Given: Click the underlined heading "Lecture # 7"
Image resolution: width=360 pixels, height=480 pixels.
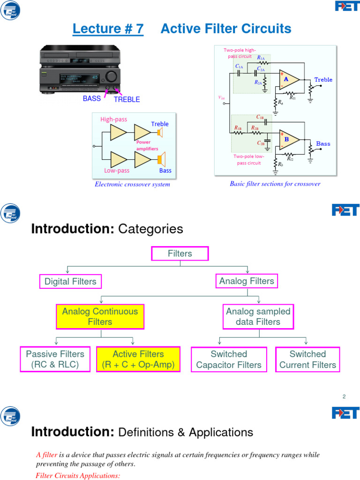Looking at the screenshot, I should (108, 29).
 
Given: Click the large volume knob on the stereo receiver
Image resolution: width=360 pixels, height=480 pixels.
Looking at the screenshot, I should (112, 77).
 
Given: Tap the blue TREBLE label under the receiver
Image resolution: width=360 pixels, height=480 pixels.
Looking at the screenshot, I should (127, 99).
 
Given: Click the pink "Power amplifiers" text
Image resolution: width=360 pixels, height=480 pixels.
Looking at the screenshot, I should (147, 145).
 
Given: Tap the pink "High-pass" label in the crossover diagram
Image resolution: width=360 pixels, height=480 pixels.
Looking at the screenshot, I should (113, 120).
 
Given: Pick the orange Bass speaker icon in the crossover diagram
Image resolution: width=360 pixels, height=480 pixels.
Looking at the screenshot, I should (161, 160).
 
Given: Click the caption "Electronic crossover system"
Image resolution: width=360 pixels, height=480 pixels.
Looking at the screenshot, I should (132, 184).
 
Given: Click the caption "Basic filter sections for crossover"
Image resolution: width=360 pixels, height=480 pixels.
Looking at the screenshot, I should (275, 184).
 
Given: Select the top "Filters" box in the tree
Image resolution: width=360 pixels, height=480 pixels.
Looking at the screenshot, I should (180, 254).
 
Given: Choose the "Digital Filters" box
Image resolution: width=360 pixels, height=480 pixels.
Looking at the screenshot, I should (70, 281).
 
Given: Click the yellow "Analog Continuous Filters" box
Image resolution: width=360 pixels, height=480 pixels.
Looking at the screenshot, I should (100, 316).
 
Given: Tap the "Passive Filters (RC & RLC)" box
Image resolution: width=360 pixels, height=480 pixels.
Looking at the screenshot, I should (55, 360).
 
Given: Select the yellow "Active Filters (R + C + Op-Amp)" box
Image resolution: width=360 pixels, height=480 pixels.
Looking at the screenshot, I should (138, 360).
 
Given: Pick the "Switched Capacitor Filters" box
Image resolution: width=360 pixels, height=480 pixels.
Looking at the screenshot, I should (229, 360).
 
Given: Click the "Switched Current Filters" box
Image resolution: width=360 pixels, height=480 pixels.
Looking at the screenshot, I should (307, 360).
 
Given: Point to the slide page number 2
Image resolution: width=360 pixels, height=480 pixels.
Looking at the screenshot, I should (344, 397).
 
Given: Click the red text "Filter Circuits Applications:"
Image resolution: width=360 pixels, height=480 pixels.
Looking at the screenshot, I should (78, 476).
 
